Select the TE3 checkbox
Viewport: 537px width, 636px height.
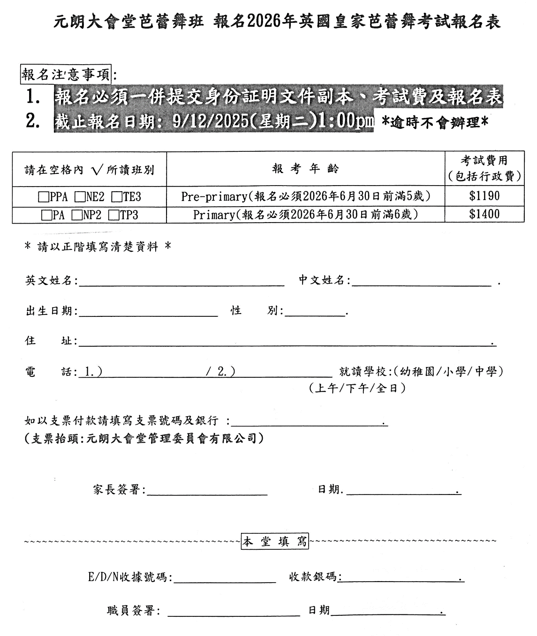point(116,197)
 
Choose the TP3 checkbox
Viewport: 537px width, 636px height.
point(113,215)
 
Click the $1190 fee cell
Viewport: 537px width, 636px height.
point(484,196)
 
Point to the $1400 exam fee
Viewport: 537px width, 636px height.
point(484,215)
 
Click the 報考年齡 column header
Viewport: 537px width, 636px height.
point(305,169)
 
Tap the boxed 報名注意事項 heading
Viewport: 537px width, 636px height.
point(66,74)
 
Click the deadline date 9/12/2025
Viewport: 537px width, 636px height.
point(210,121)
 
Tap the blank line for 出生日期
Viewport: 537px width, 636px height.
point(149,313)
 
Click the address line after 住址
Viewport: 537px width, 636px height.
point(286,343)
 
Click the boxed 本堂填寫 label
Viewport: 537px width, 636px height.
point(275,542)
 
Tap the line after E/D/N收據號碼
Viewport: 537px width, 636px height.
point(225,579)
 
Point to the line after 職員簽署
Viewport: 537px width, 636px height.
point(234,612)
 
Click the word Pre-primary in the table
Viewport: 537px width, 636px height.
point(214,196)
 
